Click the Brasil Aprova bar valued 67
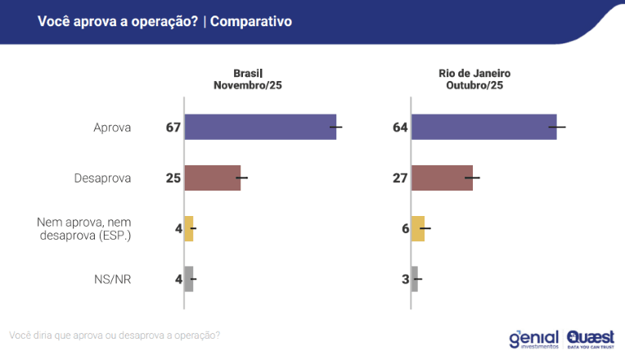pos(260,127)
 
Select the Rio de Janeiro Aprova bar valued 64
pos(483,127)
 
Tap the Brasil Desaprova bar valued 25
pos(213,178)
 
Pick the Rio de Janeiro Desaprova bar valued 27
pos(442,178)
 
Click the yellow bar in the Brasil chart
pos(189,228)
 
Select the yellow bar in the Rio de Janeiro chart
pos(418,228)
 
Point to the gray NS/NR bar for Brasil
pos(189,279)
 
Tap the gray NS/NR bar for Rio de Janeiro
pos(415,279)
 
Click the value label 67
pos(173,127)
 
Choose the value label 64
pos(400,127)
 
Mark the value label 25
pos(173,178)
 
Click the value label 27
pos(400,178)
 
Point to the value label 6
pos(405,228)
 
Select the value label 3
pos(405,279)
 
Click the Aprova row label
pos(113,127)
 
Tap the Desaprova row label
pos(104,178)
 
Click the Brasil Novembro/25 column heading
pos(248,79)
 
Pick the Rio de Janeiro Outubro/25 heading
pos(474,79)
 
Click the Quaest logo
pos(590,338)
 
